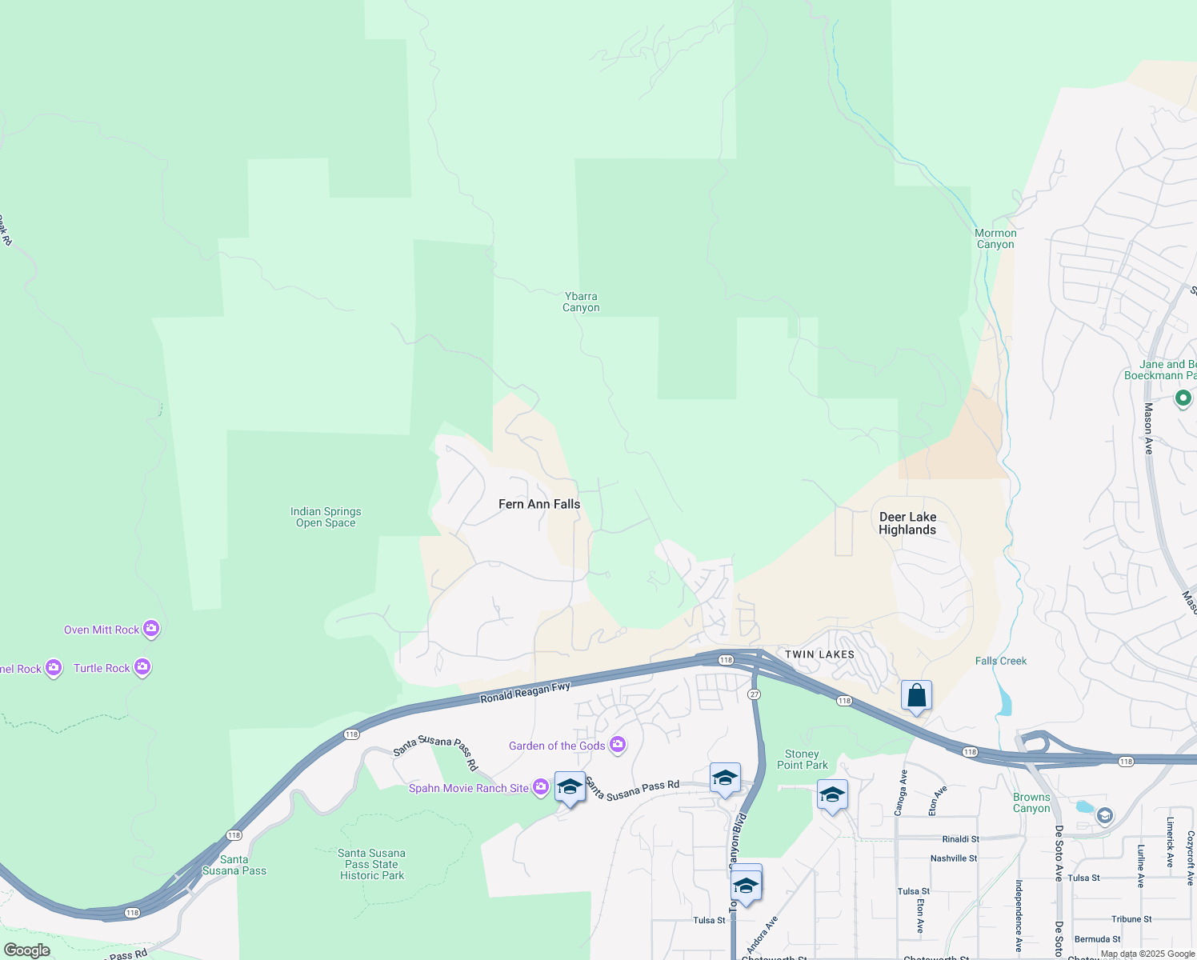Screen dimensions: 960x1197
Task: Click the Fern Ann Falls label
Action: pos(539,504)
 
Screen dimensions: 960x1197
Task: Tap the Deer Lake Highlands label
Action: pos(907,523)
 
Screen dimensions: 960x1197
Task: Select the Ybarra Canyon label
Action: pos(581,302)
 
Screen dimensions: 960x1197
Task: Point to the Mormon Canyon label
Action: pos(995,238)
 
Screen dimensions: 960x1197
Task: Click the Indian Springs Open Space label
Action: pos(326,517)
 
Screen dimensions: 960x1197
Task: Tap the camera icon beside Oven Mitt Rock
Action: pos(151,629)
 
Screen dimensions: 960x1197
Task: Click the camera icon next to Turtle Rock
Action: pos(142,667)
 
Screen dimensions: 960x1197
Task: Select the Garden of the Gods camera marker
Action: pos(618,745)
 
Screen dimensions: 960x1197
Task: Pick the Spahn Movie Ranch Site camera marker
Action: pos(541,787)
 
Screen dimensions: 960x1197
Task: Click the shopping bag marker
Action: pos(916,695)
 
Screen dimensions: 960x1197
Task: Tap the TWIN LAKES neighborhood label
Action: pos(819,654)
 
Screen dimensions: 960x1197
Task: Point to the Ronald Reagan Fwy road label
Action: pos(525,692)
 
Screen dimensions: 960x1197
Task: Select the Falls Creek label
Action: pos(1001,661)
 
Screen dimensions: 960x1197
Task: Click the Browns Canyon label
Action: pos(1031,802)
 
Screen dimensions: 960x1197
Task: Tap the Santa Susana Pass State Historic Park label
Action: pos(372,864)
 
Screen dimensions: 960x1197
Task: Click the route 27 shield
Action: pos(754,694)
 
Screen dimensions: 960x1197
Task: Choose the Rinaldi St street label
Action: pos(960,839)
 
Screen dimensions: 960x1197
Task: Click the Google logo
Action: pos(26,950)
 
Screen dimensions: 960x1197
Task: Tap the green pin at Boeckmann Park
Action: pos(1183,398)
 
